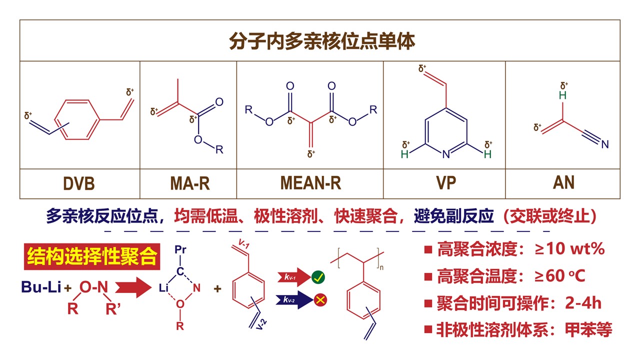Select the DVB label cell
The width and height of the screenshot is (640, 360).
tap(79, 183)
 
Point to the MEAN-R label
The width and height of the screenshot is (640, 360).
tap(310, 183)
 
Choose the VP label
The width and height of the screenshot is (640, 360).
tap(444, 183)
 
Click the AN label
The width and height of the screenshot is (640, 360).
tap(563, 183)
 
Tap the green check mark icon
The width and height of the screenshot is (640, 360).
tap(318, 277)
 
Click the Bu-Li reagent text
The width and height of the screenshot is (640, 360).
tap(41, 287)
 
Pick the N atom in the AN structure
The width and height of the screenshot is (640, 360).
tap(605, 145)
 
